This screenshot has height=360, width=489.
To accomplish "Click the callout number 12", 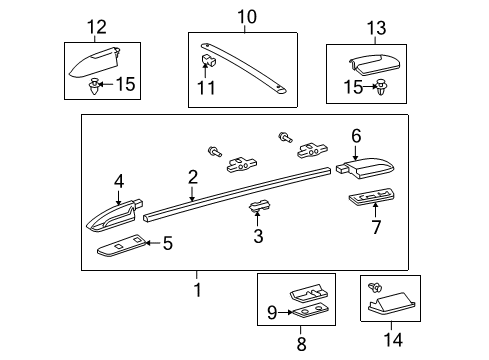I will tap(96, 27).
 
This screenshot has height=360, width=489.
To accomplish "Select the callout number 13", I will tap(377, 27).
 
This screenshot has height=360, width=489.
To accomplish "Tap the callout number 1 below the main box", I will tap(197, 290).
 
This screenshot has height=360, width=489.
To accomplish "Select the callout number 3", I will tap(258, 237).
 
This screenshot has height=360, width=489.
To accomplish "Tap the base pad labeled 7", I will tap(371, 196).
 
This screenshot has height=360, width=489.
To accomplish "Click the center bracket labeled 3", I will tap(259, 208).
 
